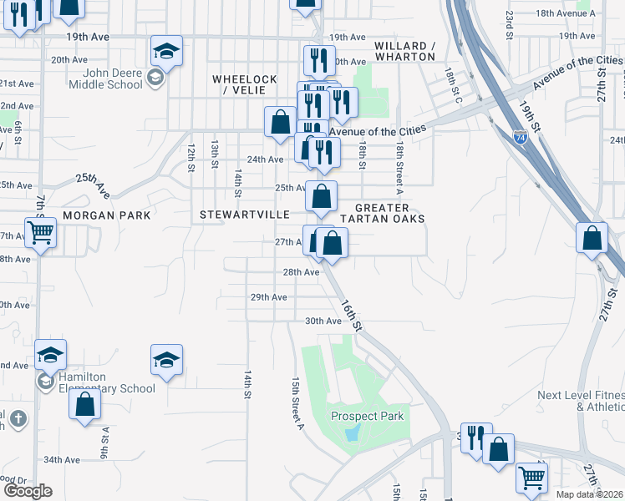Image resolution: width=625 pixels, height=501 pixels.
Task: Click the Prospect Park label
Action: coord(367,416)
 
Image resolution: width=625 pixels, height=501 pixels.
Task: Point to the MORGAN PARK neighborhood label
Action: coord(111,215)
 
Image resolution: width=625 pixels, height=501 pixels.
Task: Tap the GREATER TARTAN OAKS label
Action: coord(390,213)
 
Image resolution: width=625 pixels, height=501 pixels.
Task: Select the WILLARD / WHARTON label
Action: coord(405,51)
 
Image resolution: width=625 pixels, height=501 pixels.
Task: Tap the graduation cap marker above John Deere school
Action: coord(167,51)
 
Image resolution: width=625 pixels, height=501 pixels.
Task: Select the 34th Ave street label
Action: coord(62,460)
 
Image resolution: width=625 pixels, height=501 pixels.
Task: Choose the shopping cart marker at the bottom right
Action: coord(531,478)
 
